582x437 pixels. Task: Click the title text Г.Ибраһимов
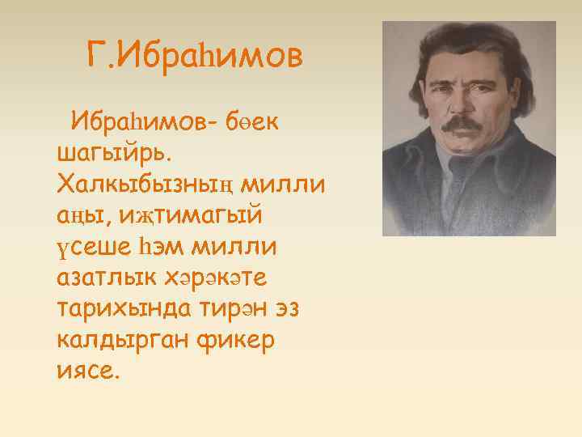(x=194, y=57)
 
